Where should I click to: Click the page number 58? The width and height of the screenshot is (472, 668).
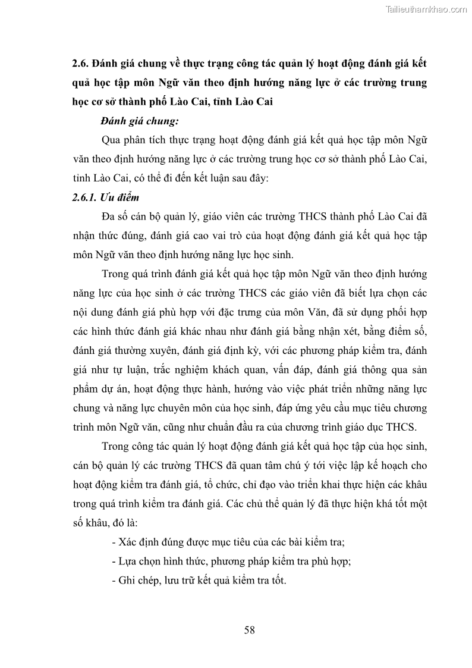point(249,631)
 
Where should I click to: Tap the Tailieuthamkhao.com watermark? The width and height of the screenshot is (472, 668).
point(427,9)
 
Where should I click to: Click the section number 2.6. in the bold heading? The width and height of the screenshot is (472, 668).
point(80,63)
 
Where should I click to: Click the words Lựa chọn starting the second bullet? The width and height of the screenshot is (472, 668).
point(141,560)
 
